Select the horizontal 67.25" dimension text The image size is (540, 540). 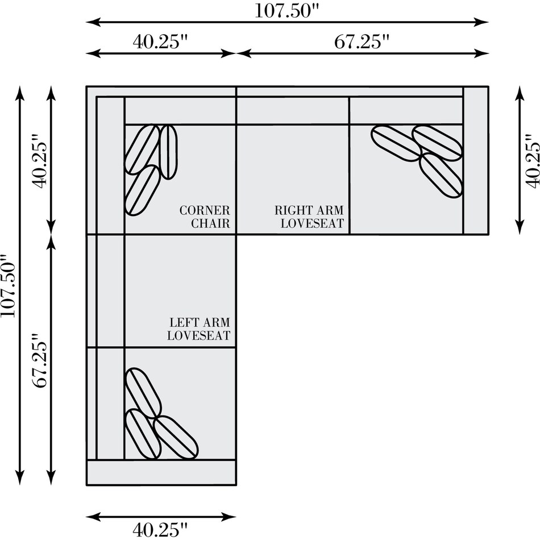(362, 41)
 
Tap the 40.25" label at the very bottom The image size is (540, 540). (160, 529)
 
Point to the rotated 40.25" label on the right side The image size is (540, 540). (532, 160)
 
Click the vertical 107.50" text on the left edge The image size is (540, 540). (9, 285)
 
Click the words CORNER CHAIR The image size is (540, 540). (205, 217)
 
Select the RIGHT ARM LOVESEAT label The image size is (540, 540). (309, 217)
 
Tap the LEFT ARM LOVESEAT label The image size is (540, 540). (199, 329)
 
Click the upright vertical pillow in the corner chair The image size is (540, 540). (168, 152)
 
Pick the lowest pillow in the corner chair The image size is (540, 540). (142, 191)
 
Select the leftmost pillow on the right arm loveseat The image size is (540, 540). (396, 143)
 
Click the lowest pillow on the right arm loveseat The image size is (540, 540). (441, 175)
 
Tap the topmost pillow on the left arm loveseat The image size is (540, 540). (143, 393)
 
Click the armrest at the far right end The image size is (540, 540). (476, 160)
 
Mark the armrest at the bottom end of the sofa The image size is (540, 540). (161, 472)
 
